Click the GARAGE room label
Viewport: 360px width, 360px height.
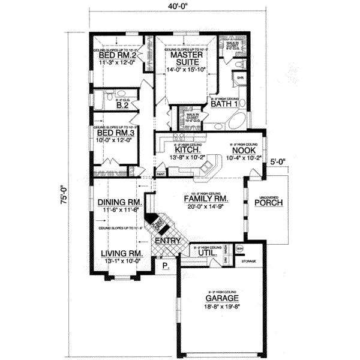click(x=221, y=298)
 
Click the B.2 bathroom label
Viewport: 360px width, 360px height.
click(x=123, y=105)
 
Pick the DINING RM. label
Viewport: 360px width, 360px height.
click(x=118, y=203)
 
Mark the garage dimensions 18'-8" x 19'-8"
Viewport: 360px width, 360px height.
click(x=221, y=305)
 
